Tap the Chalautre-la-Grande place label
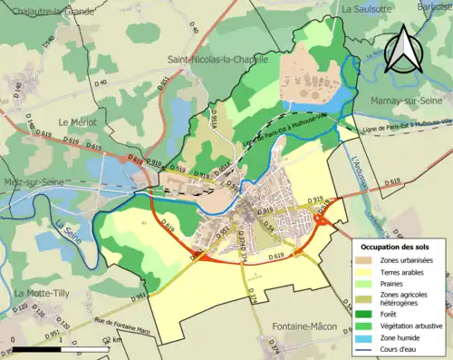tap(50, 10)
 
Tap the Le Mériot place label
tap(78, 122)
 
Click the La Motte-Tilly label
tap(44, 293)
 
